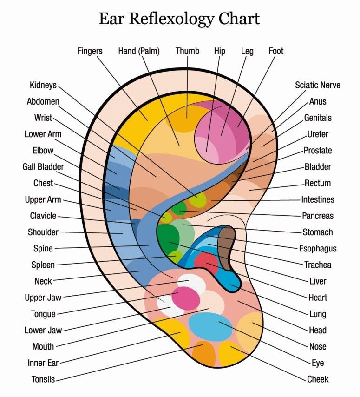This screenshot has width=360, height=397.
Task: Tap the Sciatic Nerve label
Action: click(x=318, y=85)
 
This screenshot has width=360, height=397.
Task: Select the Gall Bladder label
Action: click(x=43, y=166)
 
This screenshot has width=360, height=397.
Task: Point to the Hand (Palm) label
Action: click(x=139, y=51)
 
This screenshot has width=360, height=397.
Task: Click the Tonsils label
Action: click(x=43, y=379)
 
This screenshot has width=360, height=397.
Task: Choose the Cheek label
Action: click(x=318, y=379)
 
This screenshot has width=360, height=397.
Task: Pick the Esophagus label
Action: click(x=318, y=248)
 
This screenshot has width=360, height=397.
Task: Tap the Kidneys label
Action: click(x=43, y=85)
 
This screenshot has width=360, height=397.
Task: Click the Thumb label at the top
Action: click(x=187, y=51)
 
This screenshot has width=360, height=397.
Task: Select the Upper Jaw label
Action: click(x=43, y=297)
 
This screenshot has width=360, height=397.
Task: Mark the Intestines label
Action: click(x=318, y=199)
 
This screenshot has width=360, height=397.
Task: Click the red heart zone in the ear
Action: click(x=206, y=263)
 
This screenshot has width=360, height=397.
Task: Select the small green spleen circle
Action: click(x=176, y=256)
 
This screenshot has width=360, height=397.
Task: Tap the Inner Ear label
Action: click(x=43, y=363)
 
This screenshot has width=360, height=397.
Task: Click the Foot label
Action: click(x=276, y=51)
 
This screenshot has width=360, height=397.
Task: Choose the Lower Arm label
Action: click(x=43, y=134)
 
